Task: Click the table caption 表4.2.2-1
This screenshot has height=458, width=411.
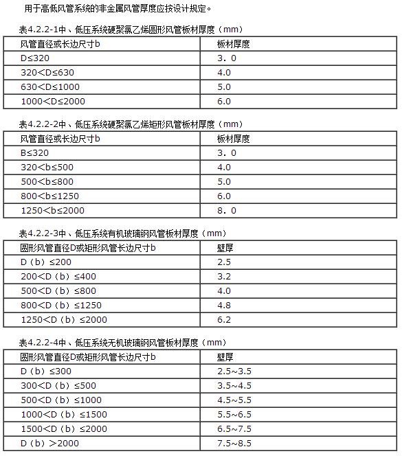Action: point(131,30)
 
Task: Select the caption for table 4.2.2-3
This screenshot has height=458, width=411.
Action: point(131,233)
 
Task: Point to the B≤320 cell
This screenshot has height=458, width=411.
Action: point(36,153)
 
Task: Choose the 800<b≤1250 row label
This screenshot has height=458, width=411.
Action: point(52,196)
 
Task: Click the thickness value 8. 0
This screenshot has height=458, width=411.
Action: point(227,211)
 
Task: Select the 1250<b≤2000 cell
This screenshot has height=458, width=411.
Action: point(54,211)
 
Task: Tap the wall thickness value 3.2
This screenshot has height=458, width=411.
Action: point(224,276)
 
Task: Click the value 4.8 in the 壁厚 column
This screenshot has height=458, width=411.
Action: point(224,305)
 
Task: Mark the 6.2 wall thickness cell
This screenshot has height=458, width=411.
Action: point(224,319)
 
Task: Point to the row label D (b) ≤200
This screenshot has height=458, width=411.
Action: point(46,262)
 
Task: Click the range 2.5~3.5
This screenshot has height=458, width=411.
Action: point(234,371)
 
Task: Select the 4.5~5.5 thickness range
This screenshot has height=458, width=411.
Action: point(234,400)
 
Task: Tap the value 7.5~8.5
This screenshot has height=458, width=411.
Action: point(234,444)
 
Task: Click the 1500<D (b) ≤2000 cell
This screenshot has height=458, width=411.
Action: point(65,429)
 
